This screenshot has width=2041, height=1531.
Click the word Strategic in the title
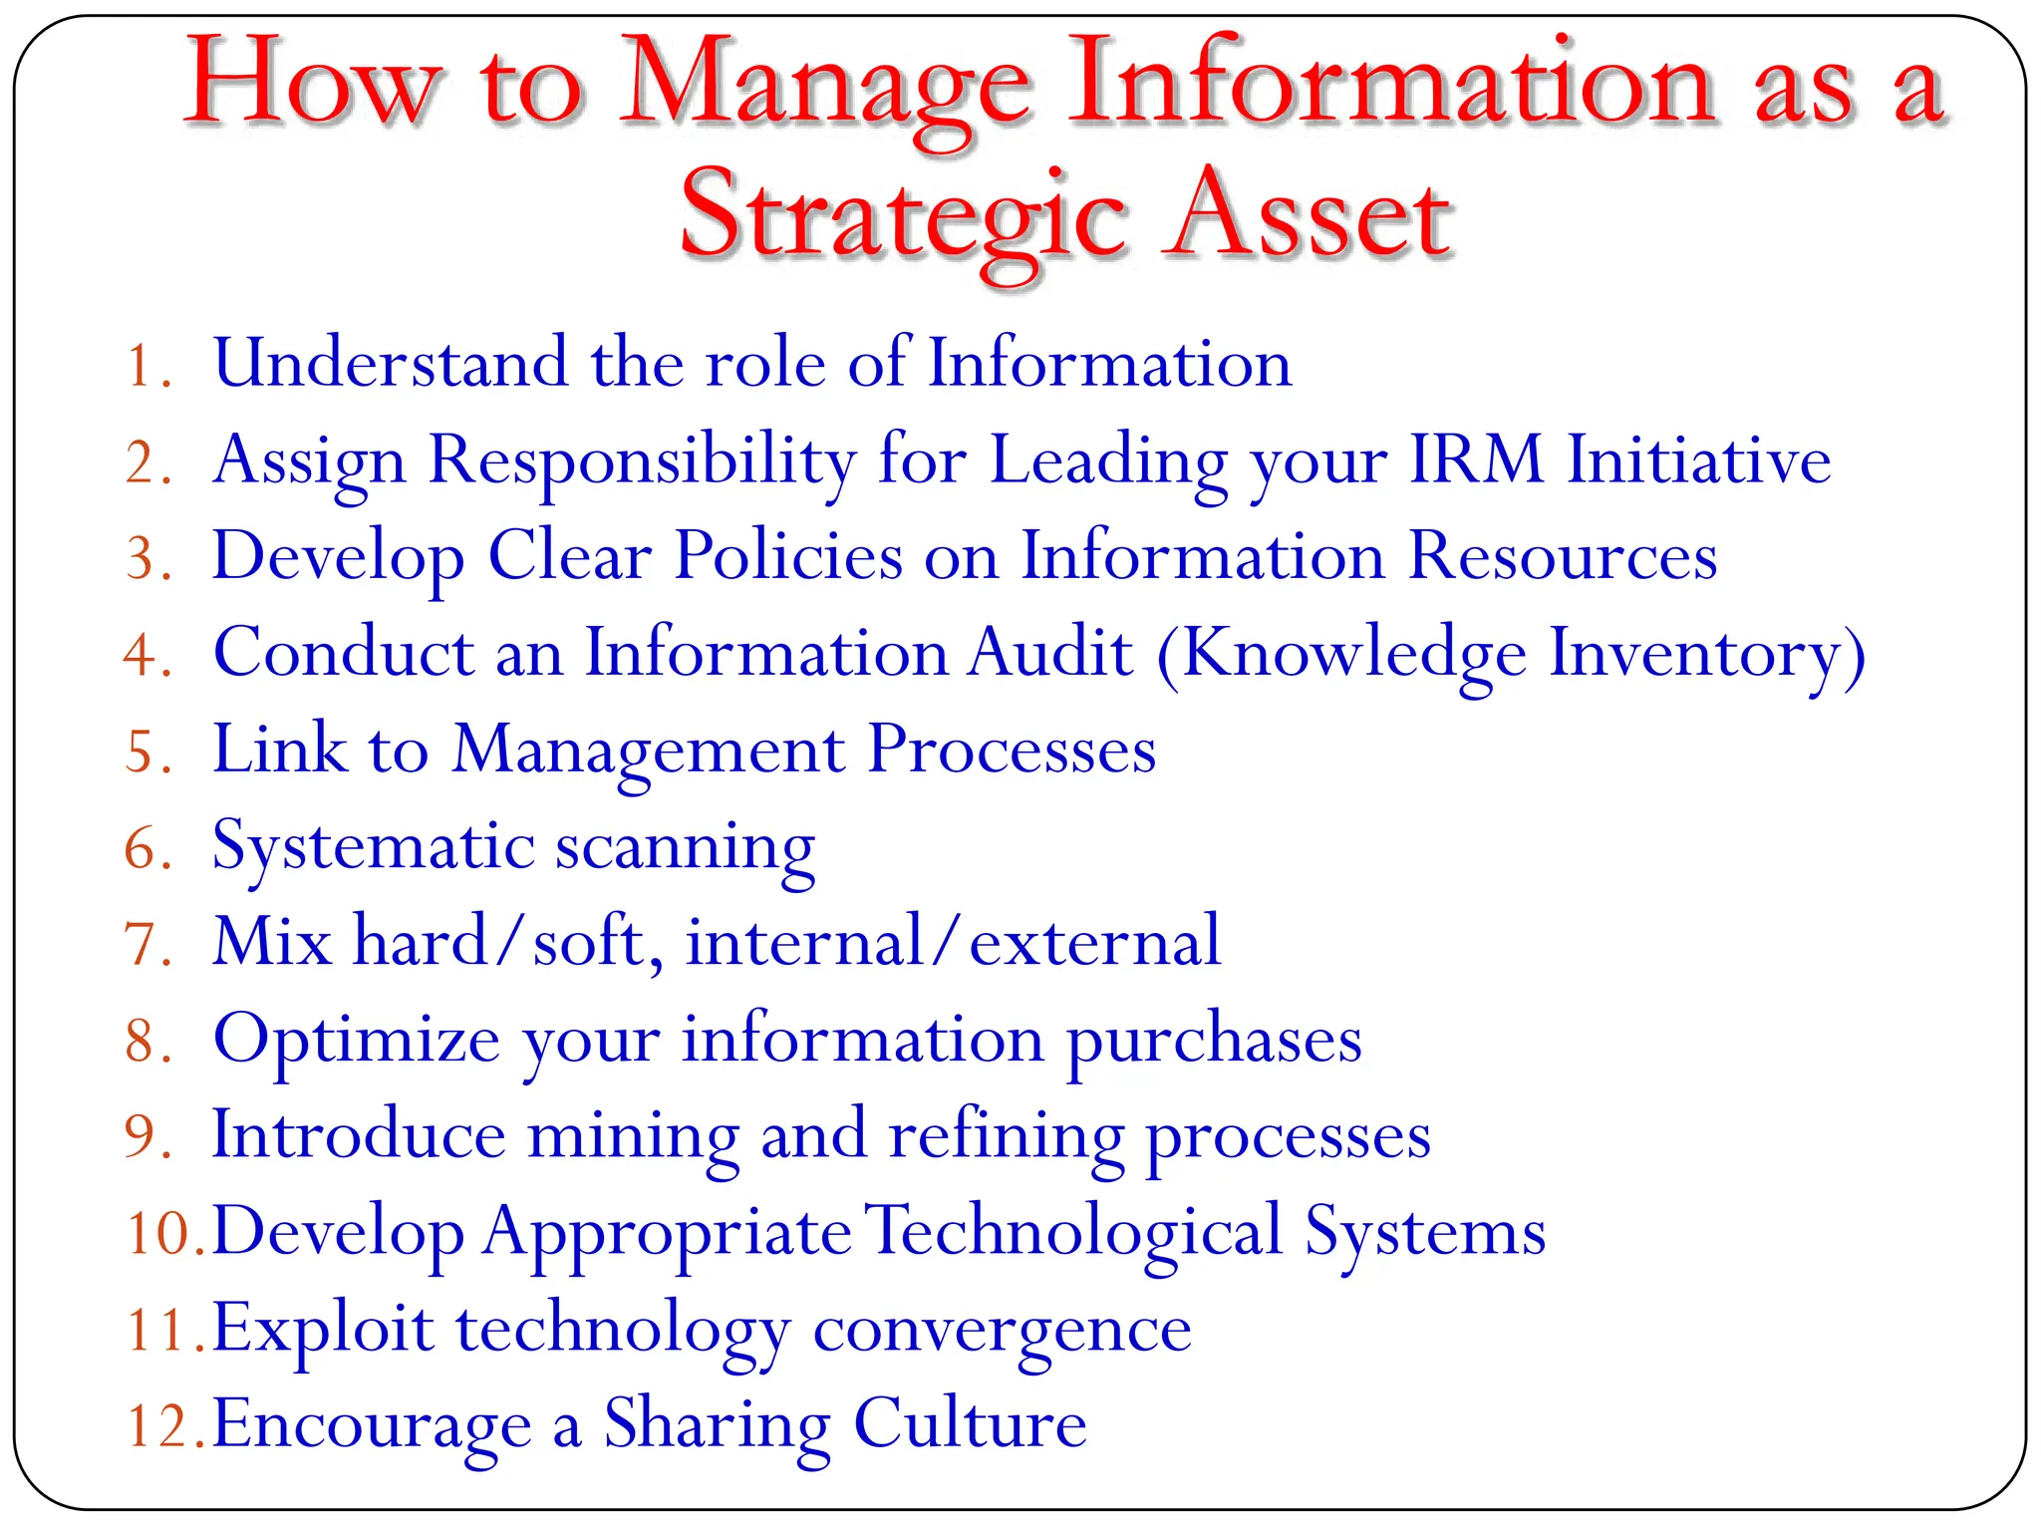tap(902, 217)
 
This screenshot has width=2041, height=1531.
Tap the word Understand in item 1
tap(390, 363)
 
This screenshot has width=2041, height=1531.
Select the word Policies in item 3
tap(787, 555)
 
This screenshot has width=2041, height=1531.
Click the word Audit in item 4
tap(1050, 653)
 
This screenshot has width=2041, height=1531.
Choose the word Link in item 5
tap(279, 749)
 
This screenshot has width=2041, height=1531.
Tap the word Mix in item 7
tap(272, 941)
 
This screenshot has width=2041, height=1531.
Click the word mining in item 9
tap(633, 1136)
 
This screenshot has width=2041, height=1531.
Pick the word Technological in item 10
tap(1073, 1232)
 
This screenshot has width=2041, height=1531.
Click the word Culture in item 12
tap(970, 1424)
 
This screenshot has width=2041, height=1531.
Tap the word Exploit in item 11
tap(323, 1330)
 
